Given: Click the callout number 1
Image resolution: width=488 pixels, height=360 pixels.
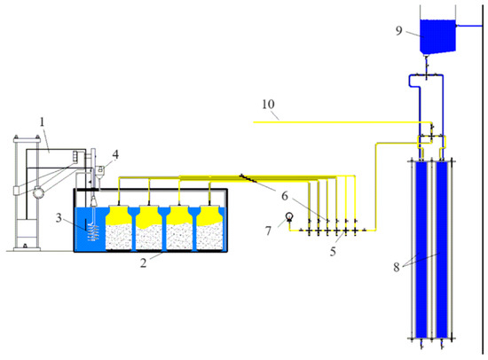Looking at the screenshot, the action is tap(42, 121).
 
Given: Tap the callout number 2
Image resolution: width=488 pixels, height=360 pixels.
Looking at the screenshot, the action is tap(143, 263).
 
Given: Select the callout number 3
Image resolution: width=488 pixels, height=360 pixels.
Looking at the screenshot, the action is tap(59, 218).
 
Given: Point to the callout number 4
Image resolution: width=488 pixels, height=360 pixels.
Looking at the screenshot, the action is tap(115, 154).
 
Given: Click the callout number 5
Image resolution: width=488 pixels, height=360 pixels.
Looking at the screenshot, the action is tap(333, 252).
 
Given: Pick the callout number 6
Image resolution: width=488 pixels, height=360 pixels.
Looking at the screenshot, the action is tap(285, 196).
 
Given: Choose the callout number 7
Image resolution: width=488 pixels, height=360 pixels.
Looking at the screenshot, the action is tap(268, 231).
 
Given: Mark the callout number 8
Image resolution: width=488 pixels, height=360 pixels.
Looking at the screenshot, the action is tap(397, 267).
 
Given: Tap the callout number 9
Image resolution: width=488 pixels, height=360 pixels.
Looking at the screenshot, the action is tap(399, 30).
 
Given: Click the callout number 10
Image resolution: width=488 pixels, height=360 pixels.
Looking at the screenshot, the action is tap(268, 105).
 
